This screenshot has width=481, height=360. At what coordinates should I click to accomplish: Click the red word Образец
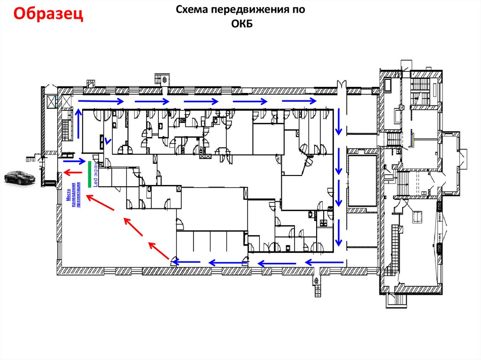tap(48, 15)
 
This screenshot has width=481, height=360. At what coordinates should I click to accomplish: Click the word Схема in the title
tap(192, 10)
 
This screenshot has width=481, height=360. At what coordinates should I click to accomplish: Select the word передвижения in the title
tap(247, 10)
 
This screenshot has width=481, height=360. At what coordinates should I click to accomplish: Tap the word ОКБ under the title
tap(242, 24)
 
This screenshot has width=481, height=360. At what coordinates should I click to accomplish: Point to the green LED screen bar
tap(89, 174)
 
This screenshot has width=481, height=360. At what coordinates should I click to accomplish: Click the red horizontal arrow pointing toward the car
tap(73, 171)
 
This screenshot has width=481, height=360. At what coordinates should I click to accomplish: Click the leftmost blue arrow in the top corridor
tap(101, 101)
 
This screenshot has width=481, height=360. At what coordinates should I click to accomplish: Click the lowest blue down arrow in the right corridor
tap(338, 234)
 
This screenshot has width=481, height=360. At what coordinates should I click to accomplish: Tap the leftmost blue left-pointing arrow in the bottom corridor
tap(187, 262)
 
